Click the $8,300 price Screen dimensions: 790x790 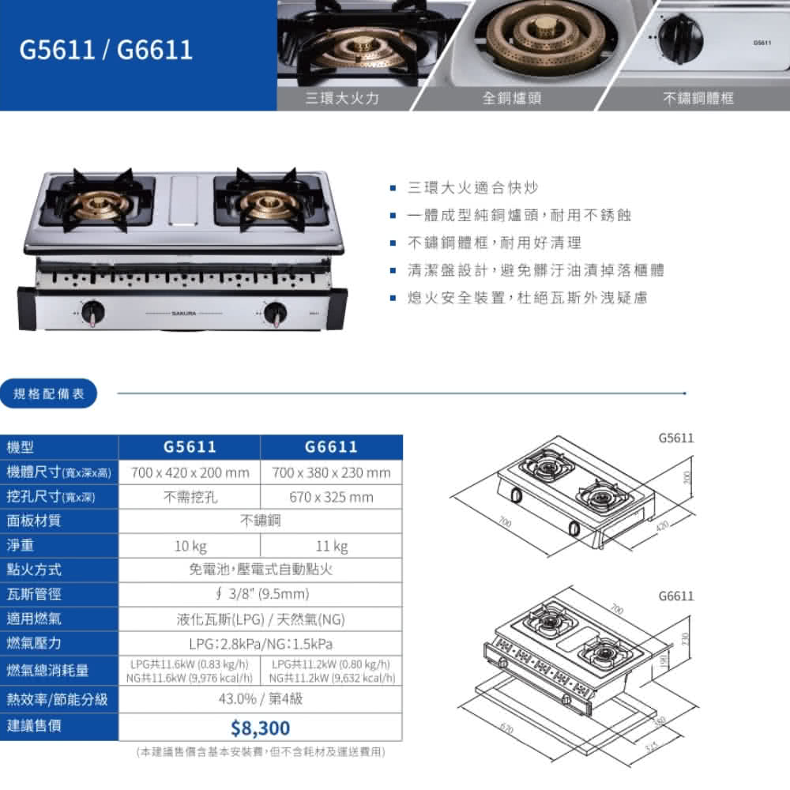[260, 728]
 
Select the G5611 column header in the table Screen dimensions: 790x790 [190, 447]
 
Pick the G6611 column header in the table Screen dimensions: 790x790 [331, 447]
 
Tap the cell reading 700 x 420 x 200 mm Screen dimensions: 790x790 [190, 473]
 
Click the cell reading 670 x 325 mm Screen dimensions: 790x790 [331, 498]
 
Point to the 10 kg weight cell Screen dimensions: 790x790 [190, 546]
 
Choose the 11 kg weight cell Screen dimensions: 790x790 [331, 546]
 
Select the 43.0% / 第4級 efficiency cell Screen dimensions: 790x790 [260, 698]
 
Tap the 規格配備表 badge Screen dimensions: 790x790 [49, 393]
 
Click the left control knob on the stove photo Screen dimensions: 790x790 [93, 312]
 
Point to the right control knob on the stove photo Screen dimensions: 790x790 [276, 313]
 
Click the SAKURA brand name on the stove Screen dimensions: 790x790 [184, 313]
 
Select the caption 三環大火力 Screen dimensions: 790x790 [343, 98]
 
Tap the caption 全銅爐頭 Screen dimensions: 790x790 [512, 98]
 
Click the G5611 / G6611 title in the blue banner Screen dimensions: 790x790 [107, 50]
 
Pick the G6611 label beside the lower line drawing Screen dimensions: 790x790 [675, 595]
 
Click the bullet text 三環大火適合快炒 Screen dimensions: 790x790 [472, 188]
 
